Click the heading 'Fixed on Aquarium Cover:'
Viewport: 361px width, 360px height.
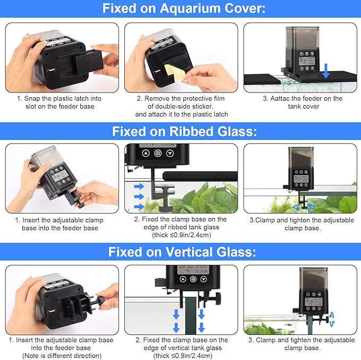(180, 9)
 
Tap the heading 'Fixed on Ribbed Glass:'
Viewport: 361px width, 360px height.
(180, 132)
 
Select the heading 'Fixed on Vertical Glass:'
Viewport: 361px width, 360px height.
(180, 252)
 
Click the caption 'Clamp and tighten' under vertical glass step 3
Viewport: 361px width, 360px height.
(301, 340)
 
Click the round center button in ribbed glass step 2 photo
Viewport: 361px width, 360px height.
(158, 153)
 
